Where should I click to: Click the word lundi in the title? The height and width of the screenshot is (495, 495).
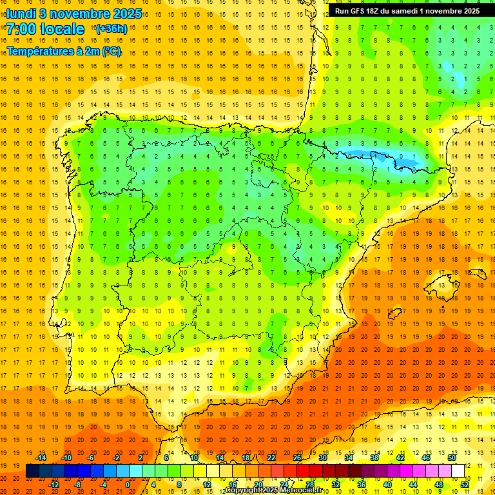[x=21, y=14]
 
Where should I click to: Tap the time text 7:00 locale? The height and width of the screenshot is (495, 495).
[x=45, y=29]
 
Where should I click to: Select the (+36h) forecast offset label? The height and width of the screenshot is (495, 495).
[x=111, y=29]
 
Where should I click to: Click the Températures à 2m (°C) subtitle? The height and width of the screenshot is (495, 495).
[x=64, y=51]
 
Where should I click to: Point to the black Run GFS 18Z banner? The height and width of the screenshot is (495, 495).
[x=407, y=11]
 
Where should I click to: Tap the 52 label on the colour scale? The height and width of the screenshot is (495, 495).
[x=465, y=484]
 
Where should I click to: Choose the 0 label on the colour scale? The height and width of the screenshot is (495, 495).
[x=128, y=484]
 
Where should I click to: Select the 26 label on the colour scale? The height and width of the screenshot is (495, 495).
[x=297, y=458]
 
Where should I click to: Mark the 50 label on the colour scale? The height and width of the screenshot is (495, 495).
[x=451, y=458]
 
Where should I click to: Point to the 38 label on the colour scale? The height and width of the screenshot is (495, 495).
[x=374, y=458]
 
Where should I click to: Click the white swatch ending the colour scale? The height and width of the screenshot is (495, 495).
[x=458, y=471]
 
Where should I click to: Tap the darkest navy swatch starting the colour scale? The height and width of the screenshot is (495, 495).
[x=32, y=471]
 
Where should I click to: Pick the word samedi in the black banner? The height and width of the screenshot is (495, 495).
[x=404, y=11]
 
